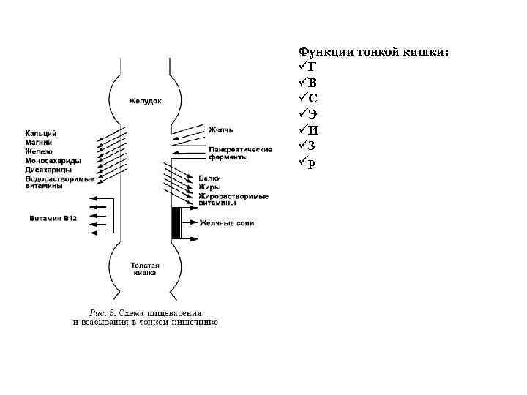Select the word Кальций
point(41,133)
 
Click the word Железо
point(40,151)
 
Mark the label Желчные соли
point(228,223)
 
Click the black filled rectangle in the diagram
point(176,222)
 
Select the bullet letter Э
point(313,115)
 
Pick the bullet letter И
point(313,131)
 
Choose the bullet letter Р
point(313,163)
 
